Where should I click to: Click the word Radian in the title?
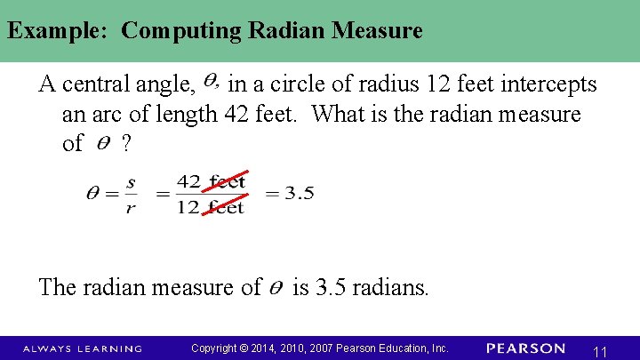coord(287,31)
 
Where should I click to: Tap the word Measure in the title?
coord(378,31)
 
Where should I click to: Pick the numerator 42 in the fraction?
coord(188,182)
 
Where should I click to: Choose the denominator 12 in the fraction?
coord(188,207)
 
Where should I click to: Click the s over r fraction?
coord(131,193)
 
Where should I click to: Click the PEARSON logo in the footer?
coord(525,348)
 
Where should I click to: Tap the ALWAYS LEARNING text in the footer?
coord(83,348)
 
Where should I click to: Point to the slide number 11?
coord(600,351)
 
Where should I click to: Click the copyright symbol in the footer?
coord(244,348)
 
